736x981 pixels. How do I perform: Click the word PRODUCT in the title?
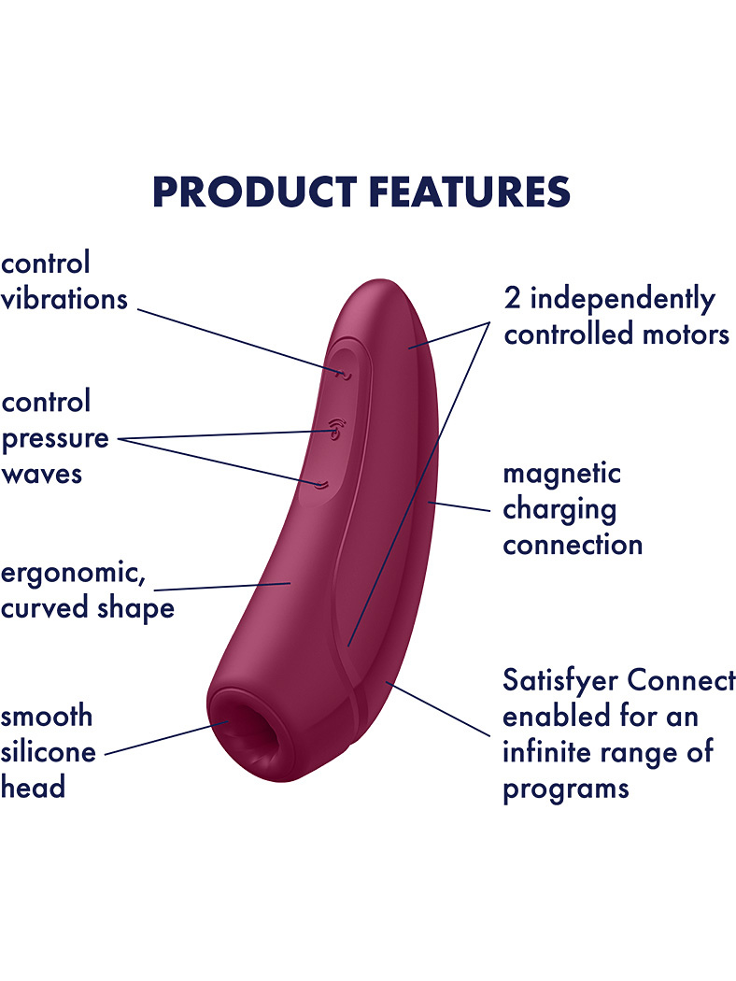point(255,192)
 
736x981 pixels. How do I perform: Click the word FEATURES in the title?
point(470,192)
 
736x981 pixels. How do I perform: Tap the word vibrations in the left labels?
point(64,298)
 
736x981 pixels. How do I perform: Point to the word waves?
point(42,475)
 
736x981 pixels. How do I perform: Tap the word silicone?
point(49,751)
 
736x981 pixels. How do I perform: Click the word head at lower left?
point(33,787)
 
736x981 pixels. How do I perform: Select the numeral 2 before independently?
point(512,298)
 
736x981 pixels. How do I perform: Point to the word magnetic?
point(562,475)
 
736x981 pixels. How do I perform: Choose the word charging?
point(559,510)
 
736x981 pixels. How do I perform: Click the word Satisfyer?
point(560,681)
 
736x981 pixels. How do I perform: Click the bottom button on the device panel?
point(321,484)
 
